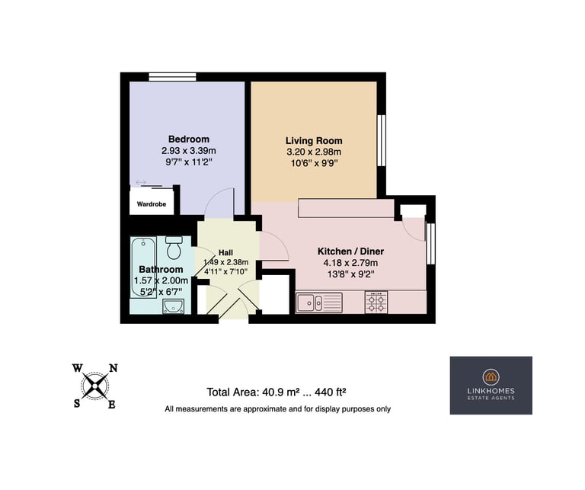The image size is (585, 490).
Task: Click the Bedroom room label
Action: click(x=189, y=139)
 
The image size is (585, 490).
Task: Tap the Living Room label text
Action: click(x=314, y=141)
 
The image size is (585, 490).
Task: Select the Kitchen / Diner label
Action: click(x=350, y=251)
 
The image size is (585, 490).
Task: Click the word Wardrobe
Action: click(x=152, y=204)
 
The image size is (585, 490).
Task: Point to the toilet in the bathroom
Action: click(x=174, y=248)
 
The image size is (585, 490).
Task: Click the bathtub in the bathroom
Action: click(x=143, y=267)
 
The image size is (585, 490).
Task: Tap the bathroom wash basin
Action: click(x=173, y=306)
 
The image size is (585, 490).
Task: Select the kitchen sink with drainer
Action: click(x=319, y=303)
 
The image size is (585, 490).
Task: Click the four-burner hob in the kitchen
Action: click(x=376, y=303)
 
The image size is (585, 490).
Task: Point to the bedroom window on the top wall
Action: click(x=172, y=77)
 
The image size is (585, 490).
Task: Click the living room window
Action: click(x=382, y=140)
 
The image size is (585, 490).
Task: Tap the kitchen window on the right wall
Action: click(x=430, y=243)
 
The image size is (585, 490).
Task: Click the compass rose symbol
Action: click(x=95, y=386)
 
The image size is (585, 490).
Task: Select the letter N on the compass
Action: click(x=113, y=368)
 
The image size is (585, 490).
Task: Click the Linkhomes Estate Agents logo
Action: click(x=491, y=386)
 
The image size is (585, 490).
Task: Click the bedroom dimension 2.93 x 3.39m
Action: click(x=189, y=151)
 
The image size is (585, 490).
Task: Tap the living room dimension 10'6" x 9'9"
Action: click(x=314, y=163)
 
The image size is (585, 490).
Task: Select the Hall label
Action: click(x=225, y=253)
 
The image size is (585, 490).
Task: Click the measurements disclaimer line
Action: click(x=277, y=409)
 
